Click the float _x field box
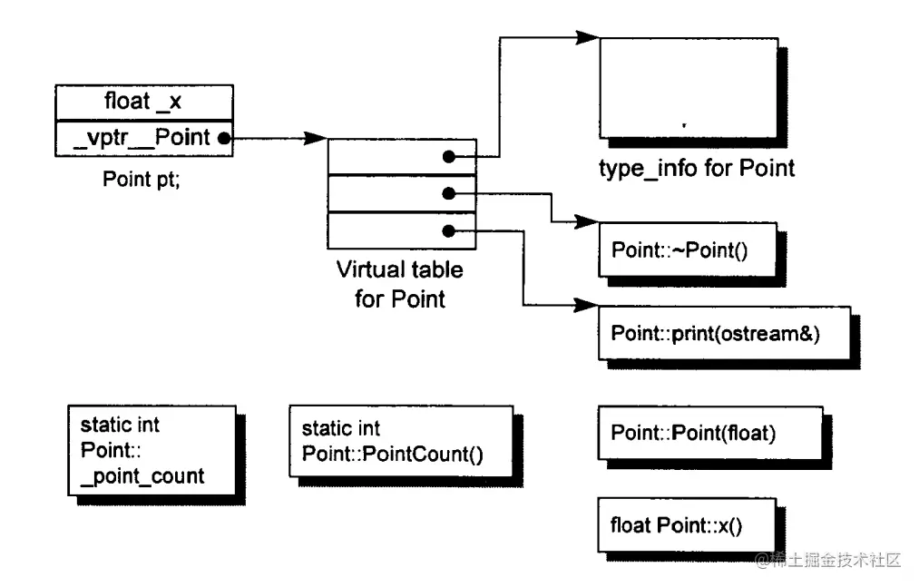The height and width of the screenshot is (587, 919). (144, 103)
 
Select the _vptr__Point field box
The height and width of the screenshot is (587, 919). (144, 139)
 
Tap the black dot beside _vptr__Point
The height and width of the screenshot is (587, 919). (224, 139)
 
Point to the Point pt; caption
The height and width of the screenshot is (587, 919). (142, 179)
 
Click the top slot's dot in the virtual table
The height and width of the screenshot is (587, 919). (449, 157)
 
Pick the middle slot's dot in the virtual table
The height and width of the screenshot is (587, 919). (449, 193)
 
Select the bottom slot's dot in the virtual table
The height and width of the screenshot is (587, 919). (449, 231)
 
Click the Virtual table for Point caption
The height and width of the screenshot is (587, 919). (400, 284)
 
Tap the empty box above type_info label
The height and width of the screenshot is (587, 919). (689, 88)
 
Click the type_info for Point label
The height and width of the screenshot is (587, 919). (697, 169)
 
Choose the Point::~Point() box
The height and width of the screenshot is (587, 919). (688, 249)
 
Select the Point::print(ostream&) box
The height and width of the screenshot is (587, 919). (725, 333)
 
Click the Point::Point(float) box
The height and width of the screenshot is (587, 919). (710, 433)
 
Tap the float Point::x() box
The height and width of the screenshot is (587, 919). (687, 524)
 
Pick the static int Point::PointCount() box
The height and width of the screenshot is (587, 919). (401, 442)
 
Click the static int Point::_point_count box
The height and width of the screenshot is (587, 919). (152, 450)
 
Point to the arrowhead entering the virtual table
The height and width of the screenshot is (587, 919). (316, 139)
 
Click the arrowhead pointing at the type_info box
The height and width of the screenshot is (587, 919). (588, 37)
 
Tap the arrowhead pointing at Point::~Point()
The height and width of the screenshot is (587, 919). (587, 221)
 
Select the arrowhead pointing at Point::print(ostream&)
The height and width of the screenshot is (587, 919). (586, 305)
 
